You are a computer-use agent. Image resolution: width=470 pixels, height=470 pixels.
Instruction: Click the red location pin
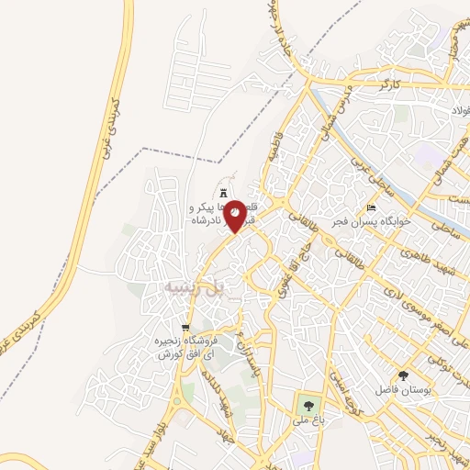tap(235, 216)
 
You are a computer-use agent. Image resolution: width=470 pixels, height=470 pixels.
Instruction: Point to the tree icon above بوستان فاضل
tap(404, 375)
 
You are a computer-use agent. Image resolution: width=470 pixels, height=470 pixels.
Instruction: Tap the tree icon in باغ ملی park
tap(306, 405)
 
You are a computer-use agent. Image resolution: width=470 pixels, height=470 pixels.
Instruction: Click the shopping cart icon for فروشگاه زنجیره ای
tap(185, 328)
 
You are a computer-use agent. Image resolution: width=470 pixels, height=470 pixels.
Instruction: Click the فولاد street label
tap(459, 111)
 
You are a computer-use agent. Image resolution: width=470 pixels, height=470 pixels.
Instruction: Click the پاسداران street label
tap(245, 353)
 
